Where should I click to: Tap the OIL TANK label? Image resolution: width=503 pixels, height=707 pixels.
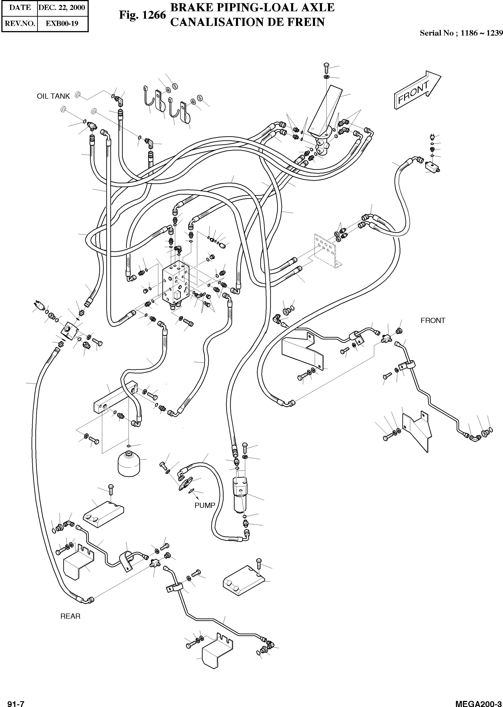53,96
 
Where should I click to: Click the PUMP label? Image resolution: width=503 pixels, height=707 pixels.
205,505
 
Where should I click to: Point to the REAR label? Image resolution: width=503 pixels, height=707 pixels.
70,616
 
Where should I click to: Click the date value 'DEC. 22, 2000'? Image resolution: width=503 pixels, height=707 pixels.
62,7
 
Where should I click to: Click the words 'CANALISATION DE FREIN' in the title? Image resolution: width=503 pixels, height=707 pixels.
247,22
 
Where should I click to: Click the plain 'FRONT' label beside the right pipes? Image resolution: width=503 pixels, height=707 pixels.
433,321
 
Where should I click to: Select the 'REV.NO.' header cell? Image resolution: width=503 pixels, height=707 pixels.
20,24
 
